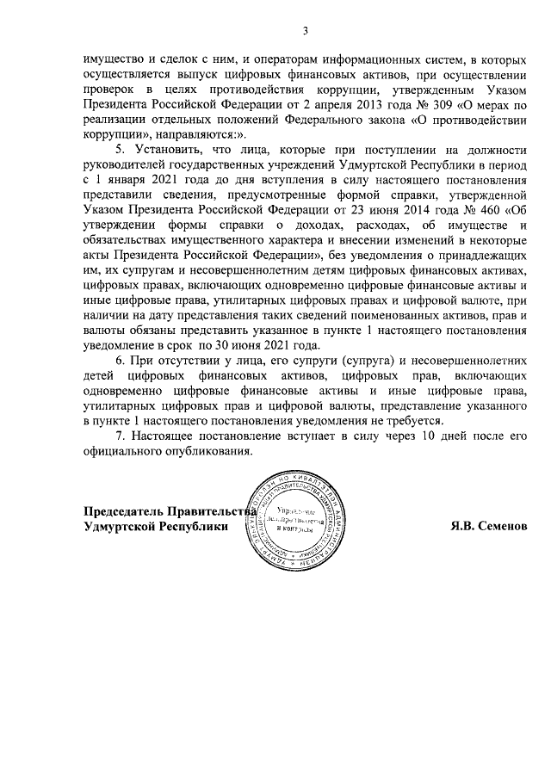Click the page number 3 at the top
pyautogui.click(x=305, y=32)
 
